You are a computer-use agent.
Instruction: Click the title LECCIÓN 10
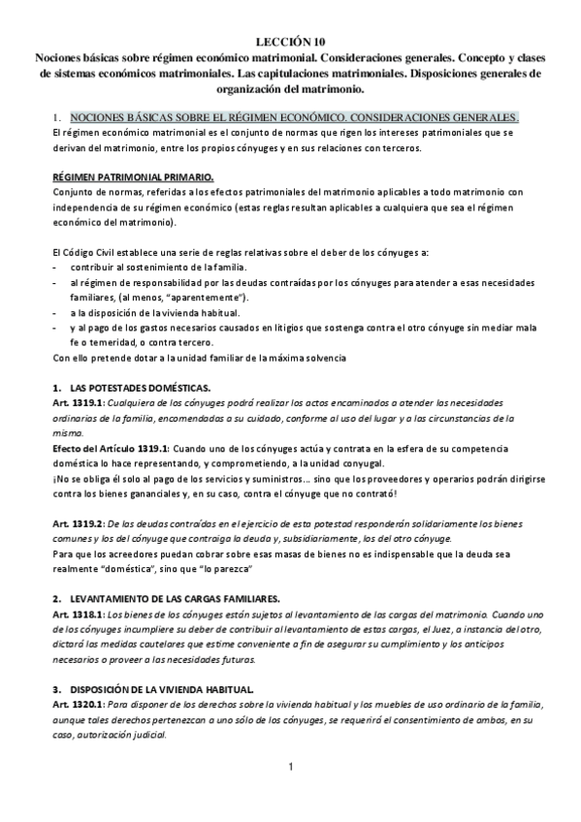291,43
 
